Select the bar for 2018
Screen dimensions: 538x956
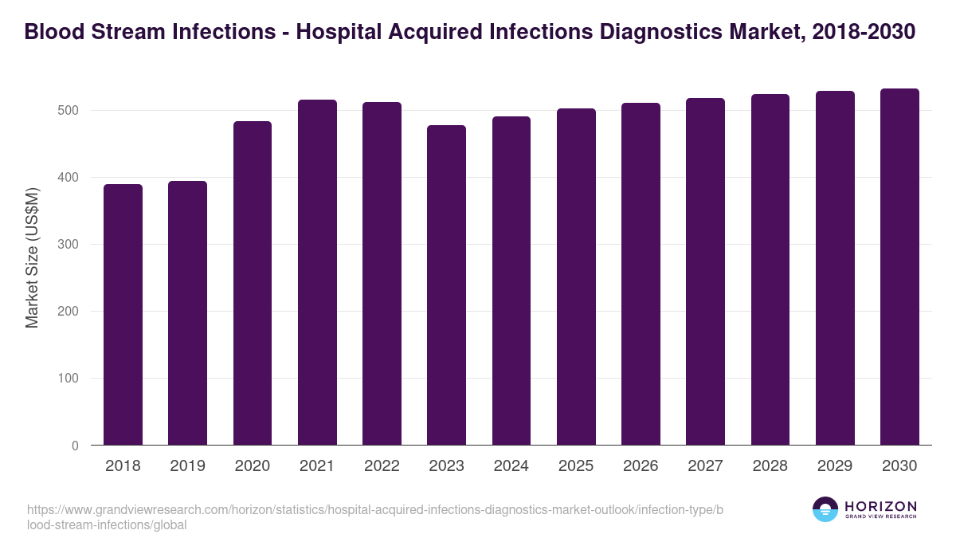tap(123, 315)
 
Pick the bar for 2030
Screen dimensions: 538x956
tap(899, 267)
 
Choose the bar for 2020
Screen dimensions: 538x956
tap(253, 283)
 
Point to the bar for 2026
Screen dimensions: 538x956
tap(641, 274)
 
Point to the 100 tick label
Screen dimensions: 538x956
tap(69, 379)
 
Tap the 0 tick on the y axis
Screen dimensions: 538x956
tap(75, 446)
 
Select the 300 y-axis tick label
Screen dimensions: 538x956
tap(69, 245)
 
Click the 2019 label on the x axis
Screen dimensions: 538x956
tap(187, 465)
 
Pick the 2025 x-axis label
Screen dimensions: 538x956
tap(576, 465)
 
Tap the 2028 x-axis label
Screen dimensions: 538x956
tap(770, 465)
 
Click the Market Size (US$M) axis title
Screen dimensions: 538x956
tap(32, 257)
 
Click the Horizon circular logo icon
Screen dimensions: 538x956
tap(825, 509)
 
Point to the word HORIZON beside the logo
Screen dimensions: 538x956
tap(880, 505)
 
